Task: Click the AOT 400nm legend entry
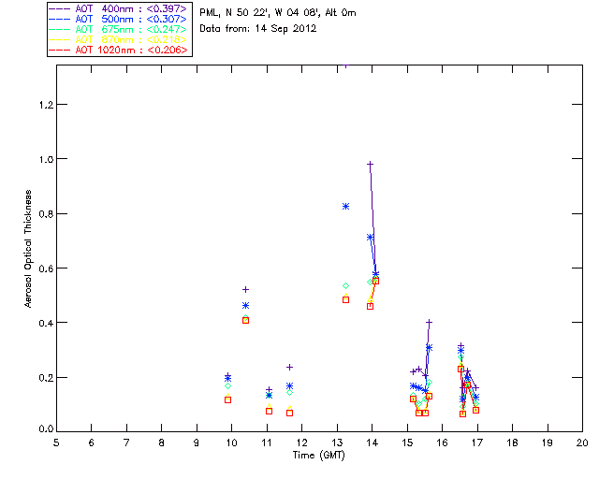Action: pyautogui.click(x=119, y=8)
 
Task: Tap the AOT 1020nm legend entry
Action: pyautogui.click(x=119, y=50)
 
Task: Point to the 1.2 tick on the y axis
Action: pyautogui.click(x=42, y=105)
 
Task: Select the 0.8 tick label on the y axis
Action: pyautogui.click(x=42, y=214)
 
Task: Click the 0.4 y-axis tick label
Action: pyautogui.click(x=42, y=323)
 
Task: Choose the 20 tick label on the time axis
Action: pyautogui.click(x=582, y=442)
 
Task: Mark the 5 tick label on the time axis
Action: pyautogui.click(x=56, y=442)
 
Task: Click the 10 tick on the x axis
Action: pyautogui.click(x=231, y=442)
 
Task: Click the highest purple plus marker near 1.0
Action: pyautogui.click(x=371, y=165)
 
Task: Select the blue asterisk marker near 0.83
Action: pyautogui.click(x=345, y=206)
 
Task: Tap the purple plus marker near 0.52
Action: pyautogui.click(x=245, y=290)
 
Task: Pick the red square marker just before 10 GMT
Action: pyautogui.click(x=227, y=399)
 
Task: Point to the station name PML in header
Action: pyautogui.click(x=211, y=13)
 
